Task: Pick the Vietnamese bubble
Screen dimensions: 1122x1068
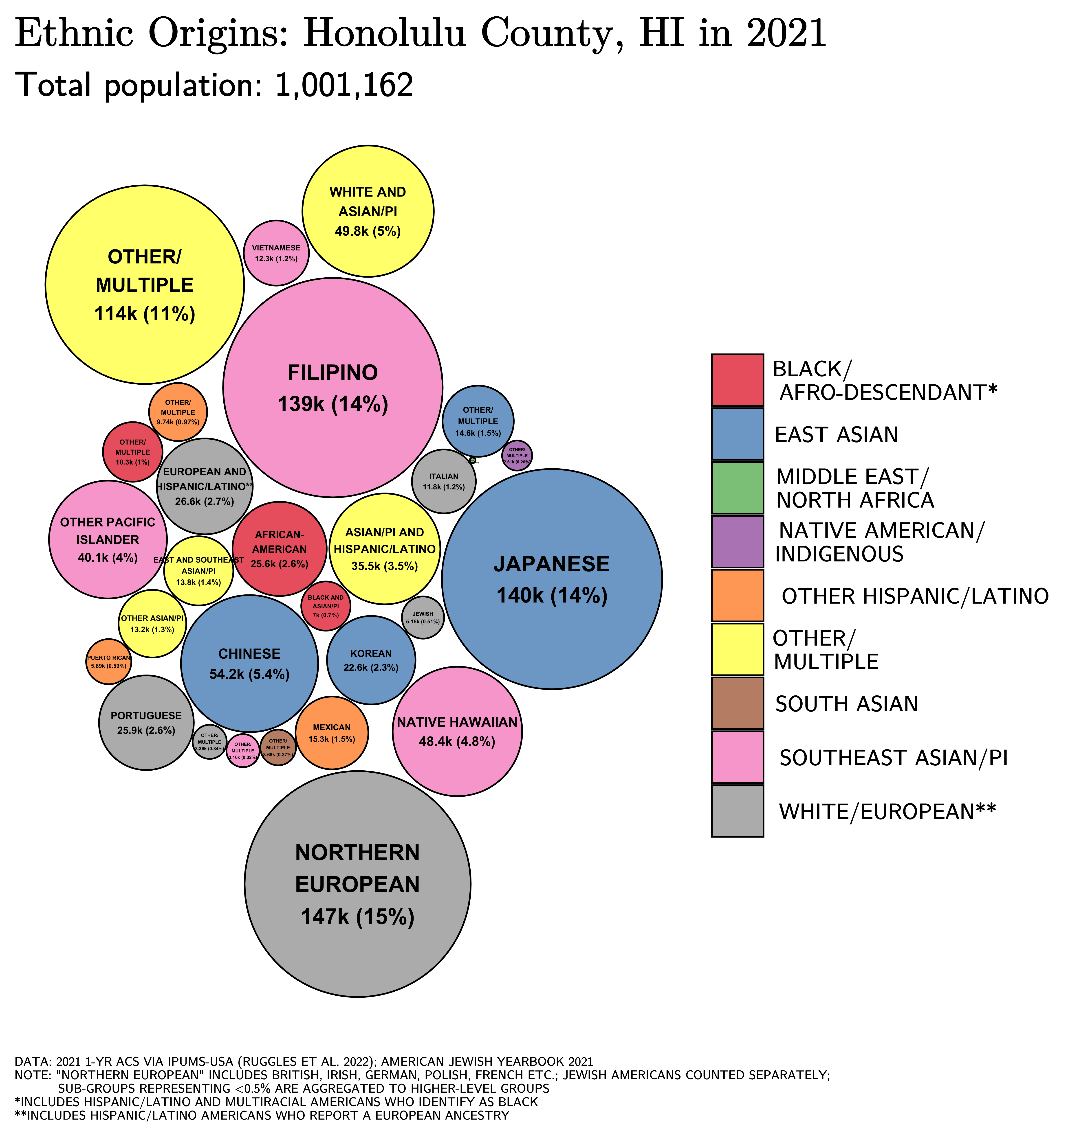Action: click(276, 253)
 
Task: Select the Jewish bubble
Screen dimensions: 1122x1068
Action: click(423, 617)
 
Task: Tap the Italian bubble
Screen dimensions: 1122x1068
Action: click(443, 481)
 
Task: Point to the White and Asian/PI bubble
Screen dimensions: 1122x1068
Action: click(368, 211)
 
